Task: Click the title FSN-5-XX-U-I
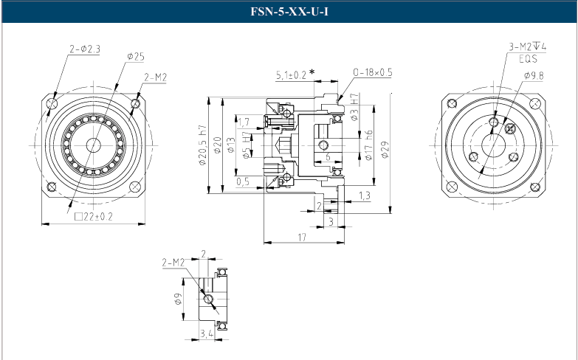(x=289, y=13)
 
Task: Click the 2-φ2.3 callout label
(x=84, y=49)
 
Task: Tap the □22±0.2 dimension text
(x=94, y=216)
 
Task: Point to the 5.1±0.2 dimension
(x=291, y=74)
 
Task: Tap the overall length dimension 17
(x=302, y=237)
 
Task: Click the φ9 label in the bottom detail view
(x=179, y=299)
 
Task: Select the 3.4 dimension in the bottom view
(x=208, y=334)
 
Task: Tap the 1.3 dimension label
(x=365, y=195)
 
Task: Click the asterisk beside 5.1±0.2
(x=312, y=72)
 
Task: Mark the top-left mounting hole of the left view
(x=51, y=104)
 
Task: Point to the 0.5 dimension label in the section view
(x=243, y=181)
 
